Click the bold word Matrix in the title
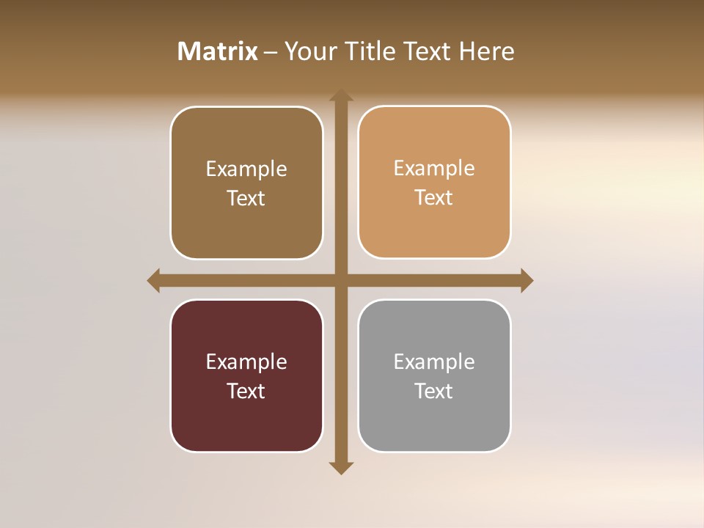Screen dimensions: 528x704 point(218,51)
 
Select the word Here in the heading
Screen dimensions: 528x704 point(487,51)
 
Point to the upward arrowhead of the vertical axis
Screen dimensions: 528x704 point(341,95)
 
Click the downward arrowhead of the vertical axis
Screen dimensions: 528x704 point(341,467)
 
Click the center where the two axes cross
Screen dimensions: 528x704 point(341,280)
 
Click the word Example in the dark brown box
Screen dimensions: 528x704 point(246,169)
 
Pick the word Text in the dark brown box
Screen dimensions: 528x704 point(246,198)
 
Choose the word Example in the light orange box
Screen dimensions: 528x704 point(434,169)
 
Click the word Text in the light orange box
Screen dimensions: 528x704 point(434,197)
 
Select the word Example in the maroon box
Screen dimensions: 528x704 point(246,362)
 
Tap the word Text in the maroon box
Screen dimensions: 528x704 point(246,391)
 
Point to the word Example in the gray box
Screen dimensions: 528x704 point(434,362)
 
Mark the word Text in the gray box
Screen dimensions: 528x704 point(434,391)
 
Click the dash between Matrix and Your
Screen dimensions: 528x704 point(271,52)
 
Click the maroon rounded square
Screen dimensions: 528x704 point(246,425)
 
